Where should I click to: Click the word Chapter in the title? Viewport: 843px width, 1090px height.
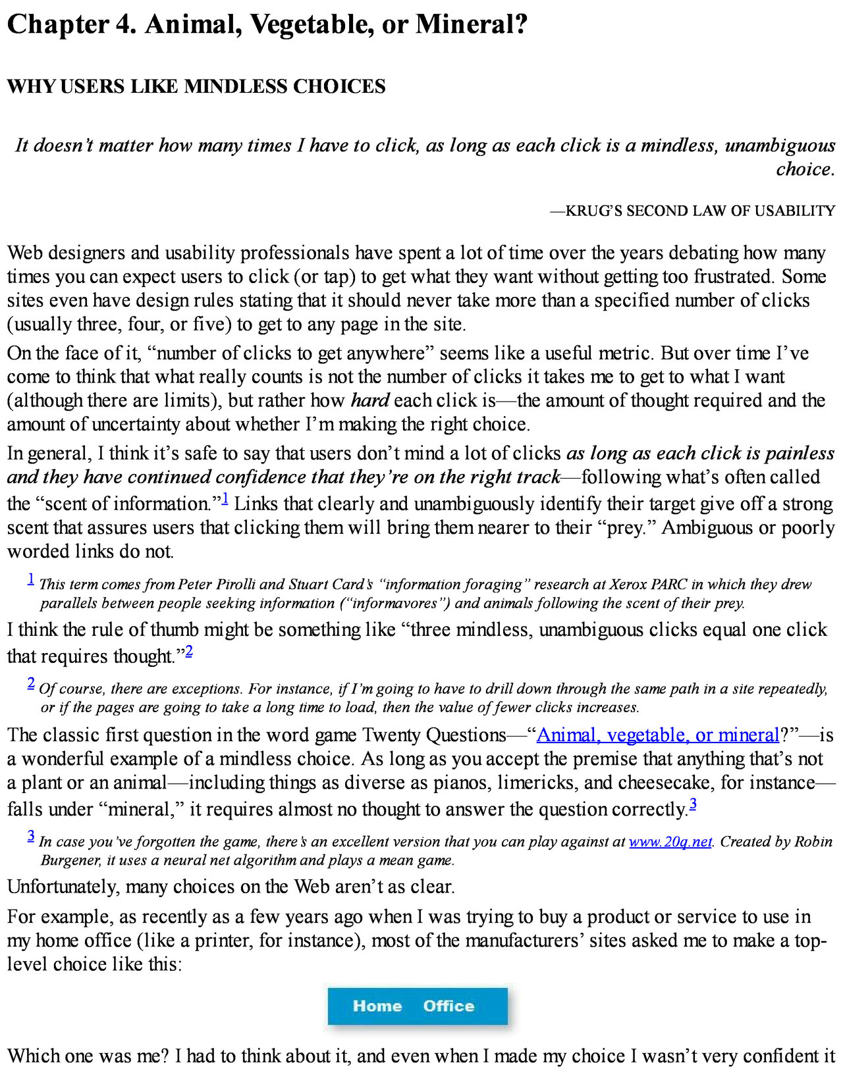click(x=58, y=25)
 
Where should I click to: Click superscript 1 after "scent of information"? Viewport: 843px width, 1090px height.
click(x=225, y=500)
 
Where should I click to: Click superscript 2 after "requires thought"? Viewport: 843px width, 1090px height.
click(x=189, y=652)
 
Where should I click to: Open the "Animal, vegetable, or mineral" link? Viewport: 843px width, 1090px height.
click(x=658, y=735)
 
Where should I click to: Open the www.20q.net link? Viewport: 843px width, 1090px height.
click(x=670, y=841)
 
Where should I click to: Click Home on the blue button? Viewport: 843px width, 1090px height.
click(x=377, y=1006)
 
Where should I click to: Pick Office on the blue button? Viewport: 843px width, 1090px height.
click(x=449, y=1006)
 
